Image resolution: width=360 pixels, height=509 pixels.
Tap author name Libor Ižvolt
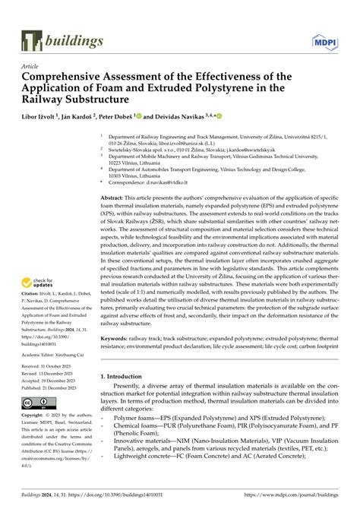pyautogui.click(x=43, y=118)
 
